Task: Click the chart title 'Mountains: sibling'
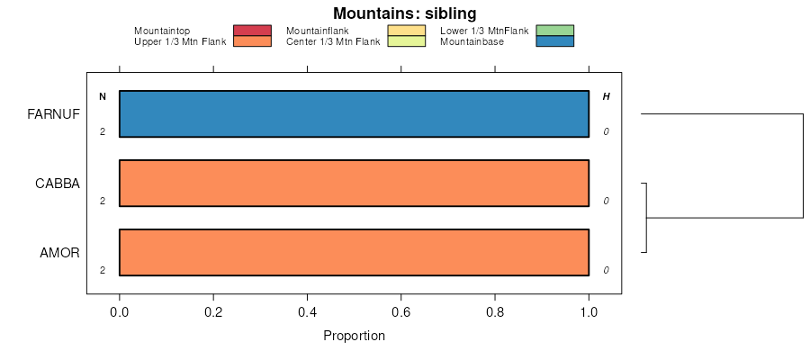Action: pyautogui.click(x=404, y=13)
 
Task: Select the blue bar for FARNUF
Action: pyautogui.click(x=354, y=114)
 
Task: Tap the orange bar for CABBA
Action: pyautogui.click(x=354, y=184)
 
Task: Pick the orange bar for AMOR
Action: pyautogui.click(x=354, y=252)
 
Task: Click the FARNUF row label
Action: pyautogui.click(x=54, y=114)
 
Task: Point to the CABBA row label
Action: pyautogui.click(x=58, y=184)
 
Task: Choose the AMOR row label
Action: pyautogui.click(x=60, y=252)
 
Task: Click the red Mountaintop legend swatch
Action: pyautogui.click(x=252, y=31)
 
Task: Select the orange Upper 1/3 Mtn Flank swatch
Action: pyautogui.click(x=252, y=41)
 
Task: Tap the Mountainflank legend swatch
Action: pyautogui.click(x=406, y=31)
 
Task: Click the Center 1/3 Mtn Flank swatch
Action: pyautogui.click(x=406, y=41)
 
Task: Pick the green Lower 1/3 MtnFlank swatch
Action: pyautogui.click(x=554, y=31)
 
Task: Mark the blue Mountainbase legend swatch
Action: pyautogui.click(x=554, y=41)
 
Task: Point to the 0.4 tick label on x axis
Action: pyautogui.click(x=307, y=312)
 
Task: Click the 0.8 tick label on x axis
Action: pyautogui.click(x=495, y=312)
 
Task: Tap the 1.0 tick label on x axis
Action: pyautogui.click(x=589, y=312)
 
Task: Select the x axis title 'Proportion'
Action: pyautogui.click(x=354, y=337)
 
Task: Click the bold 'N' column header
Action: pyautogui.click(x=103, y=96)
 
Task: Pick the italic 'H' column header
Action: pyautogui.click(x=606, y=96)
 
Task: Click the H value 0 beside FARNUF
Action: pyautogui.click(x=607, y=131)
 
